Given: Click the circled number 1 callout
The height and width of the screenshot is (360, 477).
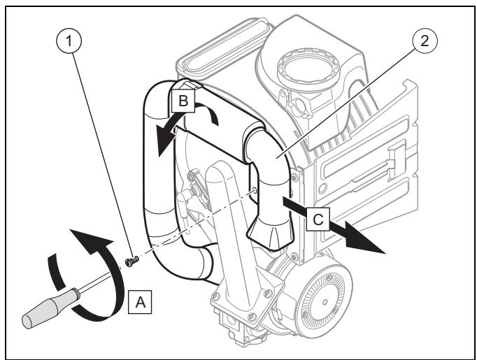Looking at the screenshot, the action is [x=69, y=41].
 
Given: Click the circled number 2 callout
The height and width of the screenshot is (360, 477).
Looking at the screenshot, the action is [x=425, y=41].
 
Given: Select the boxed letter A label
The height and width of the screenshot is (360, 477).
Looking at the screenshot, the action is [x=140, y=302].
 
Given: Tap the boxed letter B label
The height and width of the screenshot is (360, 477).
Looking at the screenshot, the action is [x=183, y=101].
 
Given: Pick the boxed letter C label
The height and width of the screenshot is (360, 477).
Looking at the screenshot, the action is [x=318, y=219].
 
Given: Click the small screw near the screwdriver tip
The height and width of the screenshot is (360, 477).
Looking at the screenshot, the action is [x=131, y=261].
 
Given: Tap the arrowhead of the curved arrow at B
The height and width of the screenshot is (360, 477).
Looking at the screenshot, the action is [x=166, y=139].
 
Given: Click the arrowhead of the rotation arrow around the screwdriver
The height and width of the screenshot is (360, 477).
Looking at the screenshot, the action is [x=91, y=240].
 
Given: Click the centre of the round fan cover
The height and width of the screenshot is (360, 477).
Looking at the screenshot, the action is [x=325, y=302].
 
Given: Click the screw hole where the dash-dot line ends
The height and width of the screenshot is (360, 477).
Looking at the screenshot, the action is [x=255, y=191].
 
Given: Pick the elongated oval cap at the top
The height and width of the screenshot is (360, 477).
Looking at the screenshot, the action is [x=224, y=45].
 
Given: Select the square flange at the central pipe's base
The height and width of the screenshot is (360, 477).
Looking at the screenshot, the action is [x=247, y=299].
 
